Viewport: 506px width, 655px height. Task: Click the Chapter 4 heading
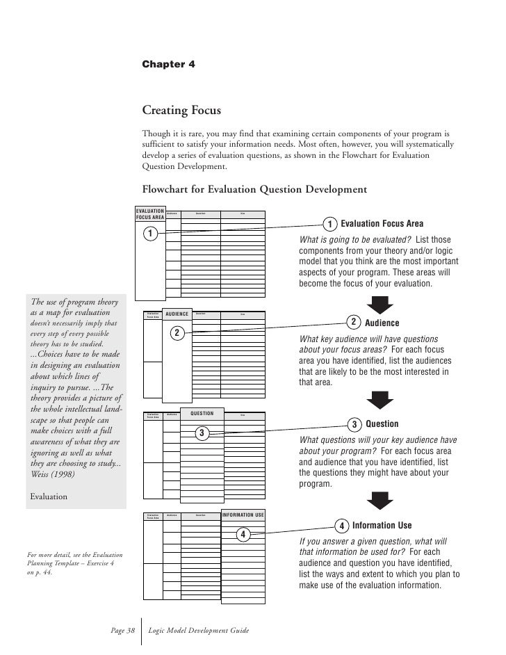point(168,64)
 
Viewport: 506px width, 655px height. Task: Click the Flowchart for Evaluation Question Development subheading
point(254,188)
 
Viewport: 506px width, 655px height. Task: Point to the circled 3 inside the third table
point(201,434)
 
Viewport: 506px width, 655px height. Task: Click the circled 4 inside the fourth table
point(243,534)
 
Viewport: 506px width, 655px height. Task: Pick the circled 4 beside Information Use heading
point(341,525)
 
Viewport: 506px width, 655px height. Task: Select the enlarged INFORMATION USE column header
point(243,515)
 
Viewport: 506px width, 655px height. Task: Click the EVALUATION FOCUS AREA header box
point(150,213)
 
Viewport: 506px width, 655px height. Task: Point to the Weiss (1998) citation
point(58,479)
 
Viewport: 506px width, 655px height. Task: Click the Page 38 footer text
point(122,630)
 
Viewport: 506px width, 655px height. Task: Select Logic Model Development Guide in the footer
point(199,630)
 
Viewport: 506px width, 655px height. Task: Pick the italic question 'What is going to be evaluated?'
point(355,240)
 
